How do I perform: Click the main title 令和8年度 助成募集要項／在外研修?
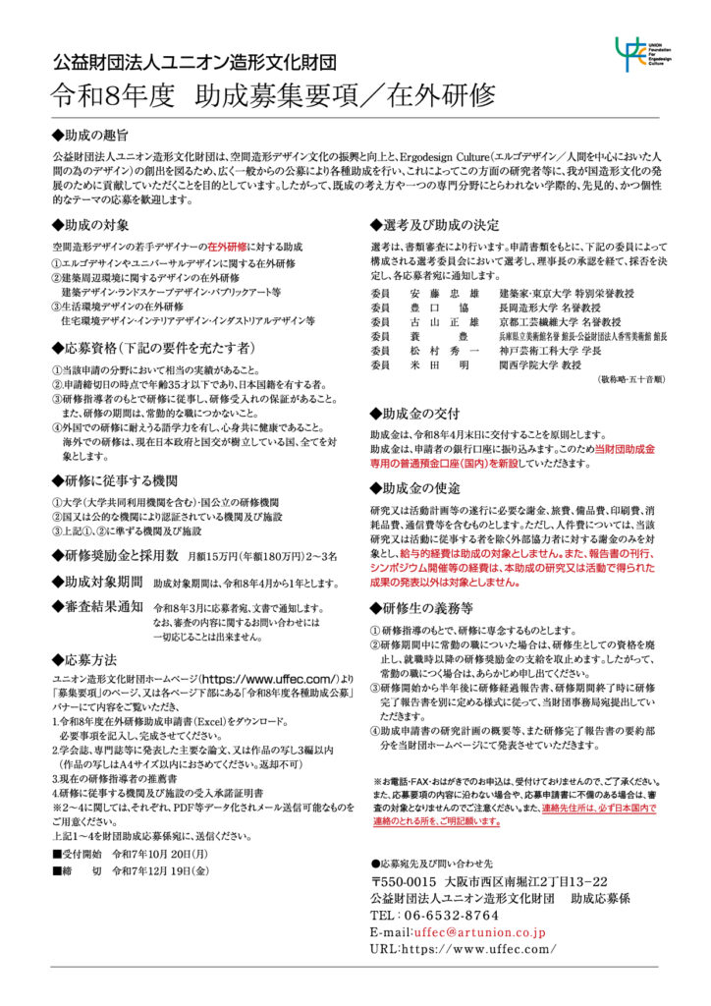click(x=275, y=96)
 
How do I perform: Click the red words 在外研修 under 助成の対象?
click(x=226, y=247)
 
